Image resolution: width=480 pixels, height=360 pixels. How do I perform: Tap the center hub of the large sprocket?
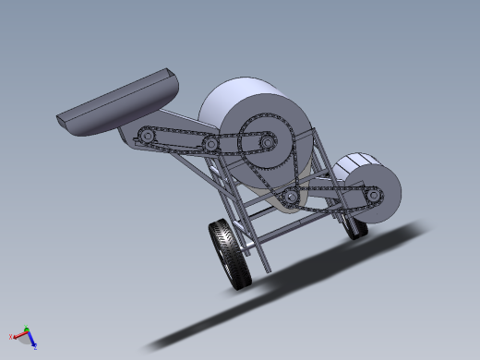click(267, 143)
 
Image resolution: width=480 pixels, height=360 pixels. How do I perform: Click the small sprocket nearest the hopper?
click(145, 138)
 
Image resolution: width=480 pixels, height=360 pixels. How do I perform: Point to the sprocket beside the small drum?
click(373, 195)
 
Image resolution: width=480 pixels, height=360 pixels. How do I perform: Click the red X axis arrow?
click(18, 335)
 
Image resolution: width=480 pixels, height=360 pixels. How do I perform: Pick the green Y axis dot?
click(27, 329)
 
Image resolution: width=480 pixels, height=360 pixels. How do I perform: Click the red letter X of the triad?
click(10, 336)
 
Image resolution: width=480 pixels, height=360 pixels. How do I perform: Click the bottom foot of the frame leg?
click(268, 269)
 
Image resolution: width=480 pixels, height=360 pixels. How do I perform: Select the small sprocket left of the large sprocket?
click(211, 144)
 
